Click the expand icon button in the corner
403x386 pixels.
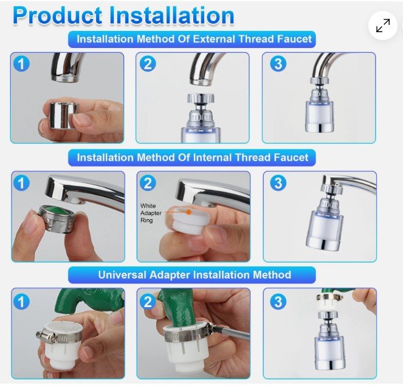coord(383,25)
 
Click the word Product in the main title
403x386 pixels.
coord(57,15)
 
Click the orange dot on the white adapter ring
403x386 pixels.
coord(188,212)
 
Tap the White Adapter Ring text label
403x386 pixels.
coord(151,213)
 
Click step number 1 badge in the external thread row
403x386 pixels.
coord(22,63)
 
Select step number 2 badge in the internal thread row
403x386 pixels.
coord(148,183)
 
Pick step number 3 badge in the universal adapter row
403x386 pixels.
coord(278,302)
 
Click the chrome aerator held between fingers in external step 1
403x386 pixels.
coord(63,114)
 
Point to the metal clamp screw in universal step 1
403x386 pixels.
coord(41,335)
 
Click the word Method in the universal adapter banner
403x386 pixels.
coord(272,275)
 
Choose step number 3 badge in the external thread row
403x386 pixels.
coord(278,63)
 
